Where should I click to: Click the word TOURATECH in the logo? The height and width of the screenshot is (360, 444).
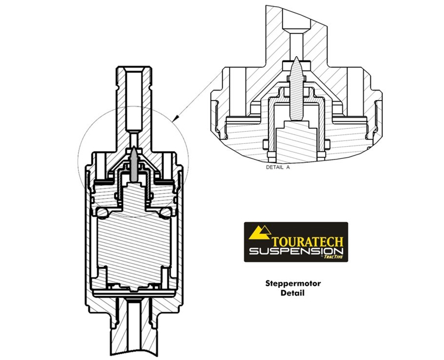click(307, 242)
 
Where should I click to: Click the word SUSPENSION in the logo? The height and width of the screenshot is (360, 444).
click(296, 252)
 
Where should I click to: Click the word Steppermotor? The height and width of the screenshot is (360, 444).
click(293, 283)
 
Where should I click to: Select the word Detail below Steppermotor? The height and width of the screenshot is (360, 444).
click(293, 293)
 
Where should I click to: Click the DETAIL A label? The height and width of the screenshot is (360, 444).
click(277, 167)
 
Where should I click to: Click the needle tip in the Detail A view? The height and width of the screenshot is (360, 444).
click(296, 57)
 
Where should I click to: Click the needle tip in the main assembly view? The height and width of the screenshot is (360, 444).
click(134, 148)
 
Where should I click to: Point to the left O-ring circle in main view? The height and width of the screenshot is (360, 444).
click(102, 212)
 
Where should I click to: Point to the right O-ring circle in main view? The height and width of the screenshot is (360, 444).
click(165, 212)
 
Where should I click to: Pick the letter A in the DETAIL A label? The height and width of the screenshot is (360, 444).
click(287, 167)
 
